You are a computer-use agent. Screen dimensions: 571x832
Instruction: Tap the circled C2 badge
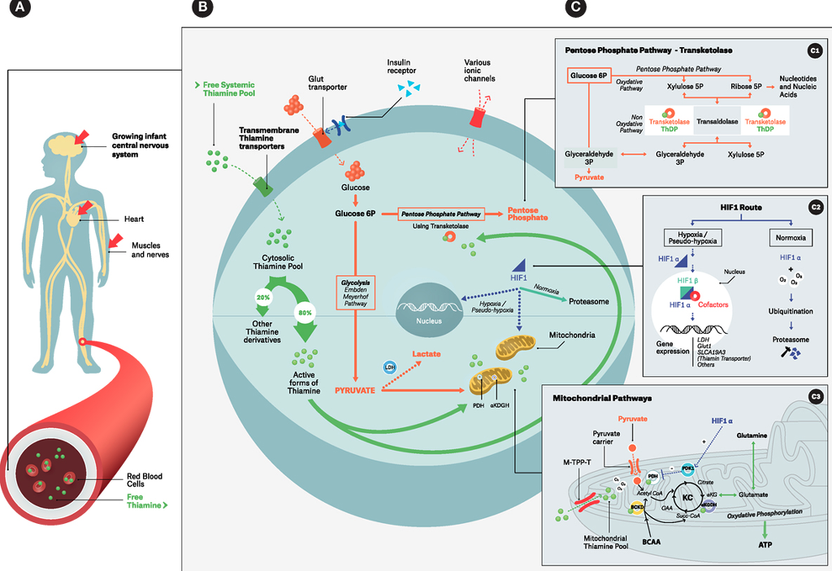[815, 206]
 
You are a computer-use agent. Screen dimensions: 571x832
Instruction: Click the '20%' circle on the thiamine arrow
[264, 297]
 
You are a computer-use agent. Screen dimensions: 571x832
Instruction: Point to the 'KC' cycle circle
[686, 495]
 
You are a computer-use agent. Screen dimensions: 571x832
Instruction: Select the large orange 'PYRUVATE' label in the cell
[354, 391]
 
